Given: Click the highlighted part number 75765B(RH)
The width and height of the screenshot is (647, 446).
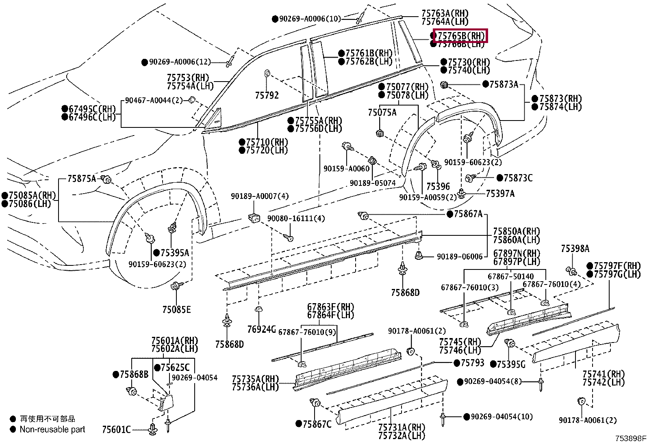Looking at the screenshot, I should pyautogui.click(x=460, y=36).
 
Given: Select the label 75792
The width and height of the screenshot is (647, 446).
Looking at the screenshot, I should pyautogui.click(x=267, y=95).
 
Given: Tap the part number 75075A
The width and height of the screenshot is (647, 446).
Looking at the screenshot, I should pyautogui.click(x=382, y=112).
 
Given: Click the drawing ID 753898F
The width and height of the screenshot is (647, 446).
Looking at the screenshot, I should pyautogui.click(x=630, y=439).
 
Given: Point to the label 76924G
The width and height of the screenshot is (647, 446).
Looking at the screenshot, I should pyautogui.click(x=261, y=329).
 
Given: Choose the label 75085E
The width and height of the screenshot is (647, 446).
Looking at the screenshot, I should pyautogui.click(x=176, y=310).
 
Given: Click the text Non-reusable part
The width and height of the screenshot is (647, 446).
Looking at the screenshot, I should pyautogui.click(x=52, y=429).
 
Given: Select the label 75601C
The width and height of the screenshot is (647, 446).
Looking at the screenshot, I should pyautogui.click(x=116, y=429).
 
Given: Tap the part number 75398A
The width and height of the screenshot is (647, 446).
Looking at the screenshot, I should pyautogui.click(x=575, y=248).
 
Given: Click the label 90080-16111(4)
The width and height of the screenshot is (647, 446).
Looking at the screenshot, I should pyautogui.click(x=296, y=218).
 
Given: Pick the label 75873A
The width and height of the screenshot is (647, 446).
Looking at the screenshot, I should pyautogui.click(x=504, y=84).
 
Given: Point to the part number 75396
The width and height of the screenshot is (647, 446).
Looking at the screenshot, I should pyautogui.click(x=438, y=186).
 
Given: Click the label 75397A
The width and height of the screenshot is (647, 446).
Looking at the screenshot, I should pyautogui.click(x=500, y=194).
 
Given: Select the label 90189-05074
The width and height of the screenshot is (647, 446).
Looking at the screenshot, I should pyautogui.click(x=373, y=183).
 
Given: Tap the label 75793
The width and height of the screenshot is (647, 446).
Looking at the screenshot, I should pyautogui.click(x=472, y=362).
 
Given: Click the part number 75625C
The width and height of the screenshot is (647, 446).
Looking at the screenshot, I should pyautogui.click(x=175, y=367).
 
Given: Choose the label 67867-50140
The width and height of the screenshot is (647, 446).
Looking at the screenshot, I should pyautogui.click(x=510, y=276).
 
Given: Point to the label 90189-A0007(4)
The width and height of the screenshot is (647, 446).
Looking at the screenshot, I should pyautogui.click(x=260, y=196).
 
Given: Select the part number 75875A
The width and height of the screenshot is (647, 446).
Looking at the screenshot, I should pyautogui.click(x=82, y=179).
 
